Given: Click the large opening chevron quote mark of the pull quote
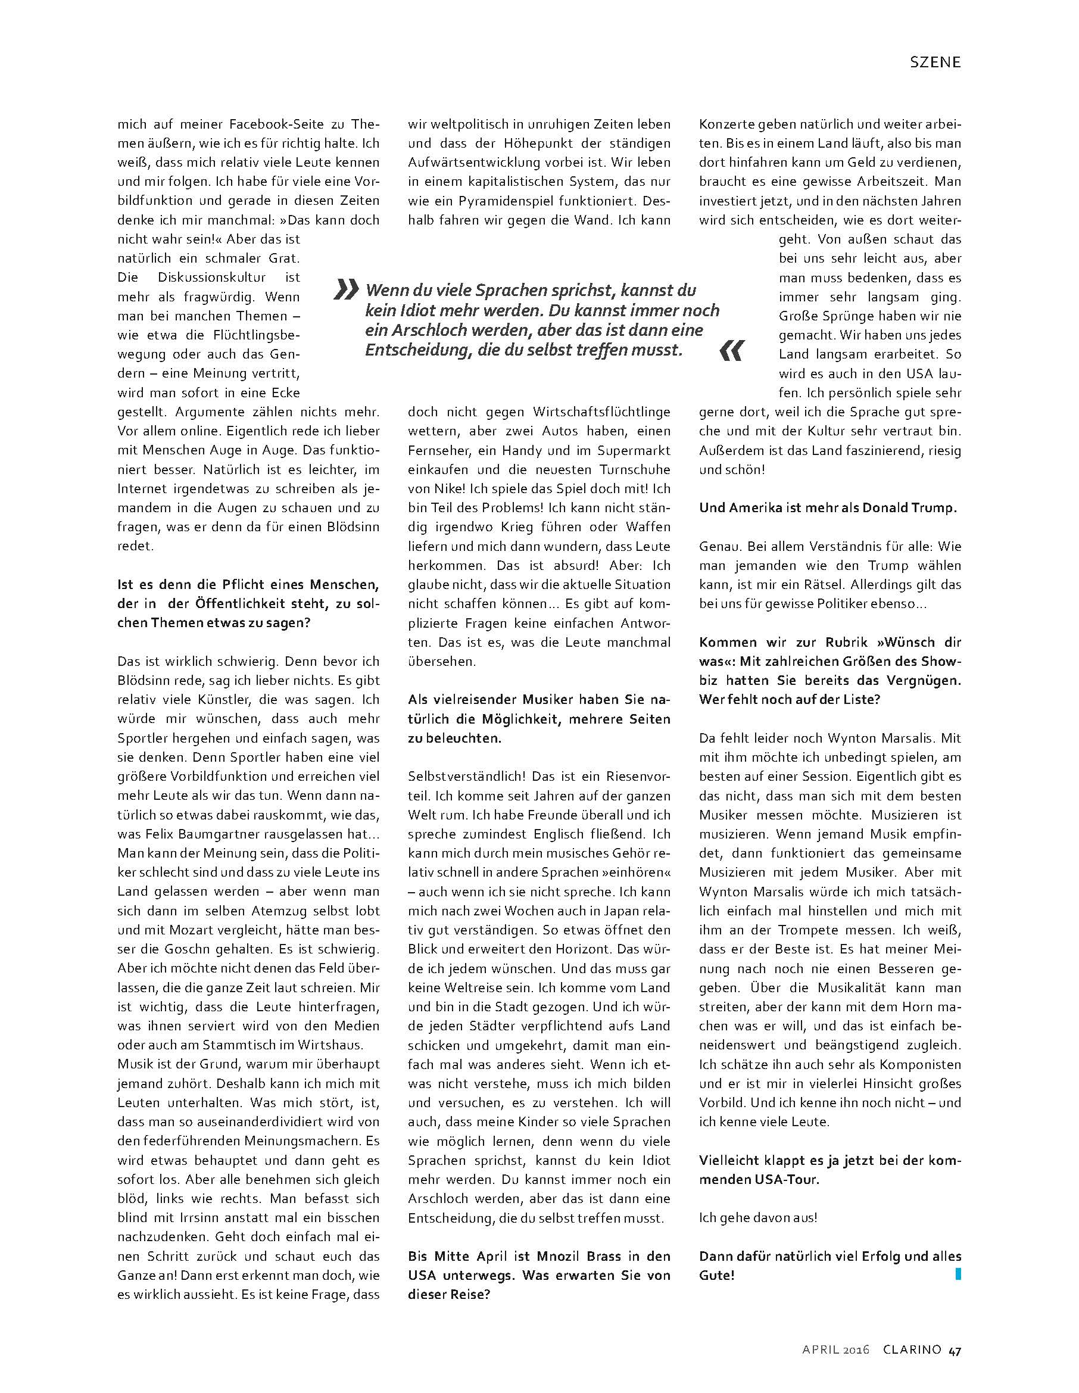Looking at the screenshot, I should [x=347, y=290].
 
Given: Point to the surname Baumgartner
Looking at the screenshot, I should [x=214, y=834].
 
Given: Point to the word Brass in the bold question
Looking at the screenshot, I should [x=591, y=1256].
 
